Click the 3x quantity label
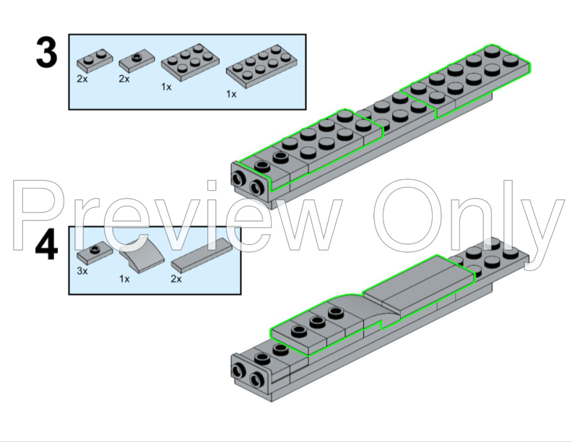click(x=82, y=271)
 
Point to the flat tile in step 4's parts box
click(x=201, y=252)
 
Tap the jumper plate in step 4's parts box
click(x=92, y=252)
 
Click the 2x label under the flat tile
click(x=175, y=278)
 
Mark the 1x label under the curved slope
click(x=124, y=278)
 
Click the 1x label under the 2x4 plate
click(x=231, y=94)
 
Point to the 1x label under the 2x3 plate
click(x=166, y=87)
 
